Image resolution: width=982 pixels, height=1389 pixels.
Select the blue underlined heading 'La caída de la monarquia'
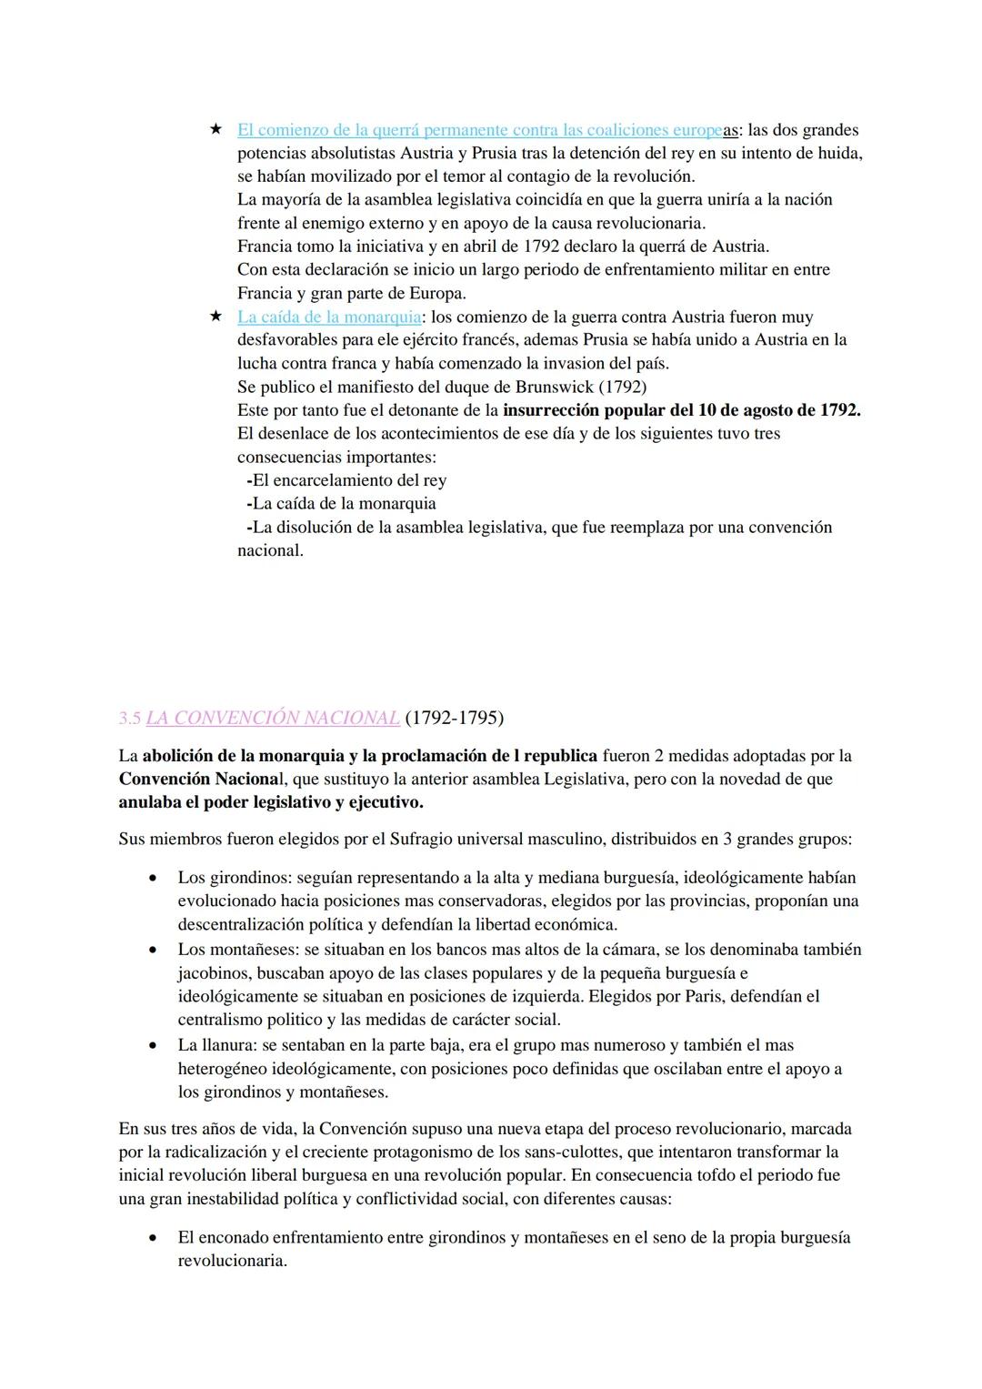(x=329, y=317)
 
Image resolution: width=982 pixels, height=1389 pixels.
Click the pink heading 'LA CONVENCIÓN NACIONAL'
(x=272, y=718)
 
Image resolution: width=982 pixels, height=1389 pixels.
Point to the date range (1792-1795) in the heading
(x=454, y=718)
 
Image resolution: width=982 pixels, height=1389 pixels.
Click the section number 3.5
(x=129, y=718)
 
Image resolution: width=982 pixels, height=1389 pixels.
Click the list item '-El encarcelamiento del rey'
(x=346, y=480)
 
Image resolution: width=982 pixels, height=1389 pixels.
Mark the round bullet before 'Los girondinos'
(x=155, y=879)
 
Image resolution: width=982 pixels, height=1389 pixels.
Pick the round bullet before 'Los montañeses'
(x=155, y=950)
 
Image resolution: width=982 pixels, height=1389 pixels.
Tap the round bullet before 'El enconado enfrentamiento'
(x=155, y=1238)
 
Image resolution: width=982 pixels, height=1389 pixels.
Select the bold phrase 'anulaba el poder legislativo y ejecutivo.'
(x=271, y=802)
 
